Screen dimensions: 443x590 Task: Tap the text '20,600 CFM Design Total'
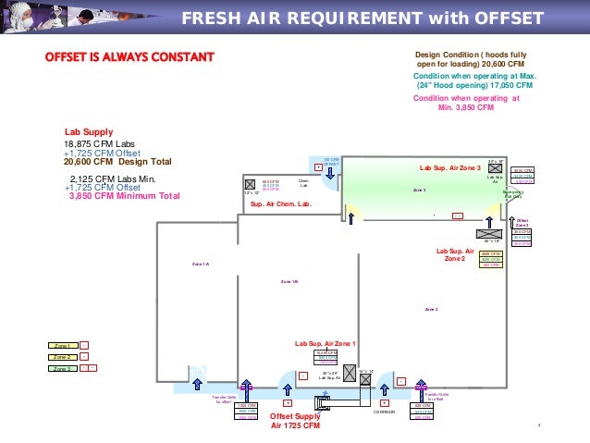117,163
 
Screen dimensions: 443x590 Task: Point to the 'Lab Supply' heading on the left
88,132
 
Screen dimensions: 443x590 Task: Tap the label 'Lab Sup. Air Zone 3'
450,168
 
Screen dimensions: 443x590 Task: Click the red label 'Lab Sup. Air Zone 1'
325,343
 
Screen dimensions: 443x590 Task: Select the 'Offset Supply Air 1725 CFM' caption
300,421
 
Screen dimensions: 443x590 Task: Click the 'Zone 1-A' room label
201,265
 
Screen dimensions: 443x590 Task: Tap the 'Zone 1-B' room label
289,281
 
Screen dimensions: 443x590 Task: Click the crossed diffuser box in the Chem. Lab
249,183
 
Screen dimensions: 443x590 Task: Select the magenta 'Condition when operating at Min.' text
465,102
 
